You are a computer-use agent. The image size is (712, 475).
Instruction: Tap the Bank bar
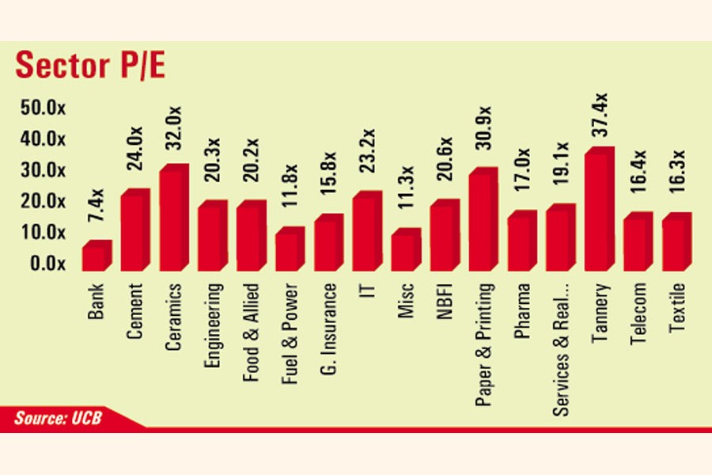point(96,256)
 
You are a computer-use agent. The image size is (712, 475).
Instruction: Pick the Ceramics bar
point(172,218)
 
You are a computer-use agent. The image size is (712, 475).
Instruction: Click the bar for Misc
point(405,250)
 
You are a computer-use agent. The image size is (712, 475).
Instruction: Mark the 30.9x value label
point(483,135)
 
